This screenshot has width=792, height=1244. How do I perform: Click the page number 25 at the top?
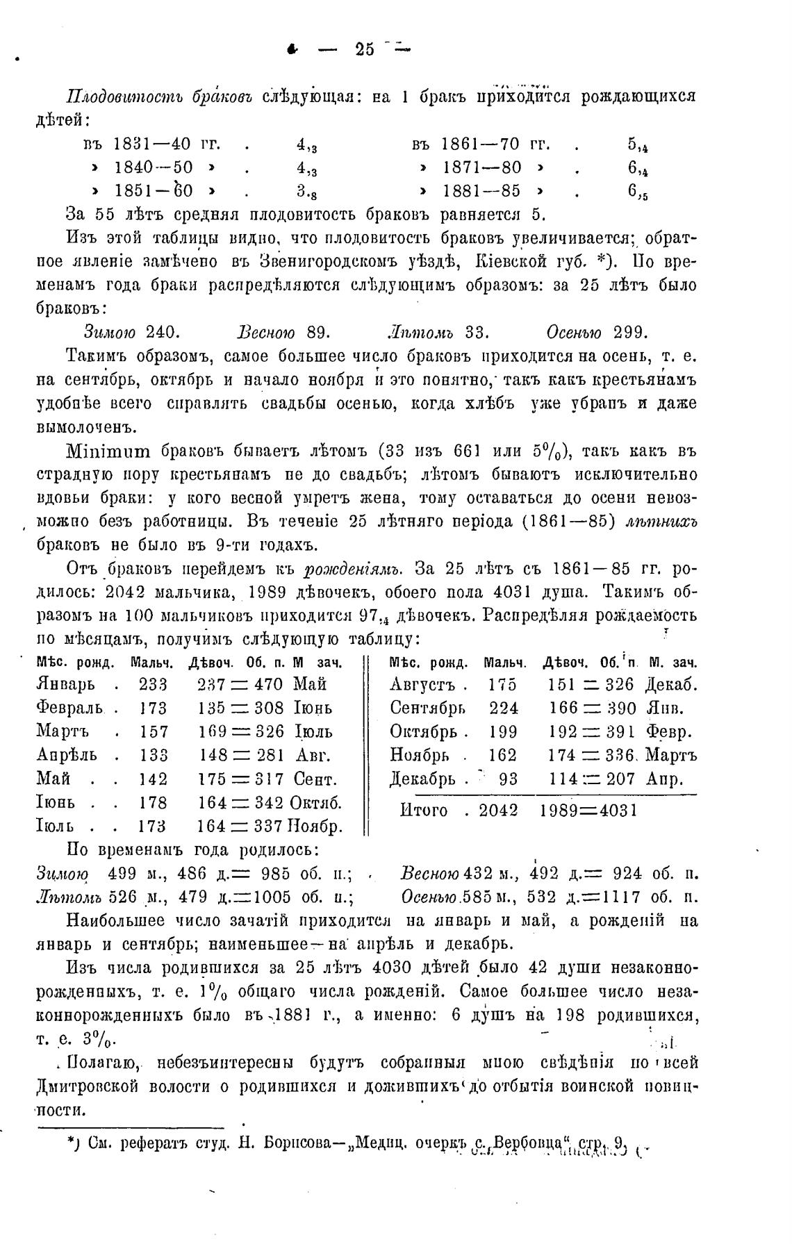[364, 49]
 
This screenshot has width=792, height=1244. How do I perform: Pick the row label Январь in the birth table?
[65, 684]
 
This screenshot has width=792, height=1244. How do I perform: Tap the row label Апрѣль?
[66, 755]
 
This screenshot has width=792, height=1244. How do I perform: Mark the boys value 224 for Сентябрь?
[503, 708]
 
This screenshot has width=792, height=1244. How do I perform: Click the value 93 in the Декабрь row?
[508, 779]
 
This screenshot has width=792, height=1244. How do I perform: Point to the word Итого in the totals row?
[424, 811]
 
